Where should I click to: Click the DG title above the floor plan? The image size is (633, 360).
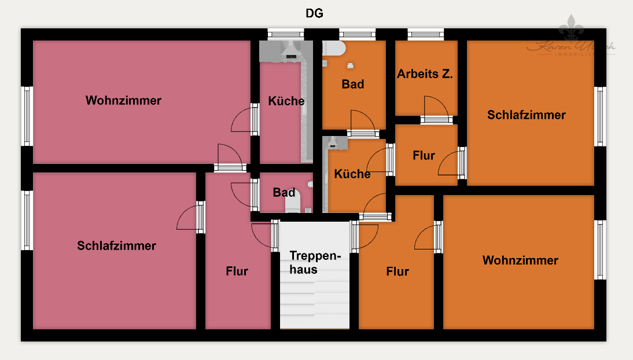coord(314,13)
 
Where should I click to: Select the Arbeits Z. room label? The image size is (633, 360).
coord(425,74)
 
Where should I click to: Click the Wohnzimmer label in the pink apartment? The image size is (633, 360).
coord(123,101)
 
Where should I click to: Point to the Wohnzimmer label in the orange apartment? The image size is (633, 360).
coord(520,260)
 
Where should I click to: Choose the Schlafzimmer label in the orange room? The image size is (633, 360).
coord(526,115)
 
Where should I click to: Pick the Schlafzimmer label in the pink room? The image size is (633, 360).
coord(116,246)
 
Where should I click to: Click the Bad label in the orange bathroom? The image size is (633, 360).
coord(352,85)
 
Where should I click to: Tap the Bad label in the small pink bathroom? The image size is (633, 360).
coord(284,193)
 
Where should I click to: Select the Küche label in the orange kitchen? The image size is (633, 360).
coord(352,174)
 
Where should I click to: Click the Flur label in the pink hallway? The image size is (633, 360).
coord(237,271)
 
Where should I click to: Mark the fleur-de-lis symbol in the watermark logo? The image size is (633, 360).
coord(572,30)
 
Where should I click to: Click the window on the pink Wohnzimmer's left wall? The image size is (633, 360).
coord(27,116)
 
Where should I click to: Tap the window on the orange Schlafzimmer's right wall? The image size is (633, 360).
coord(601,116)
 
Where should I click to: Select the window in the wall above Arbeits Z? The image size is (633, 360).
coord(425,34)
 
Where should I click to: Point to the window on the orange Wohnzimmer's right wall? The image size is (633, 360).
coord(601,249)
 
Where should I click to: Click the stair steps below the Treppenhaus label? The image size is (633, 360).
coord(315,301)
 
